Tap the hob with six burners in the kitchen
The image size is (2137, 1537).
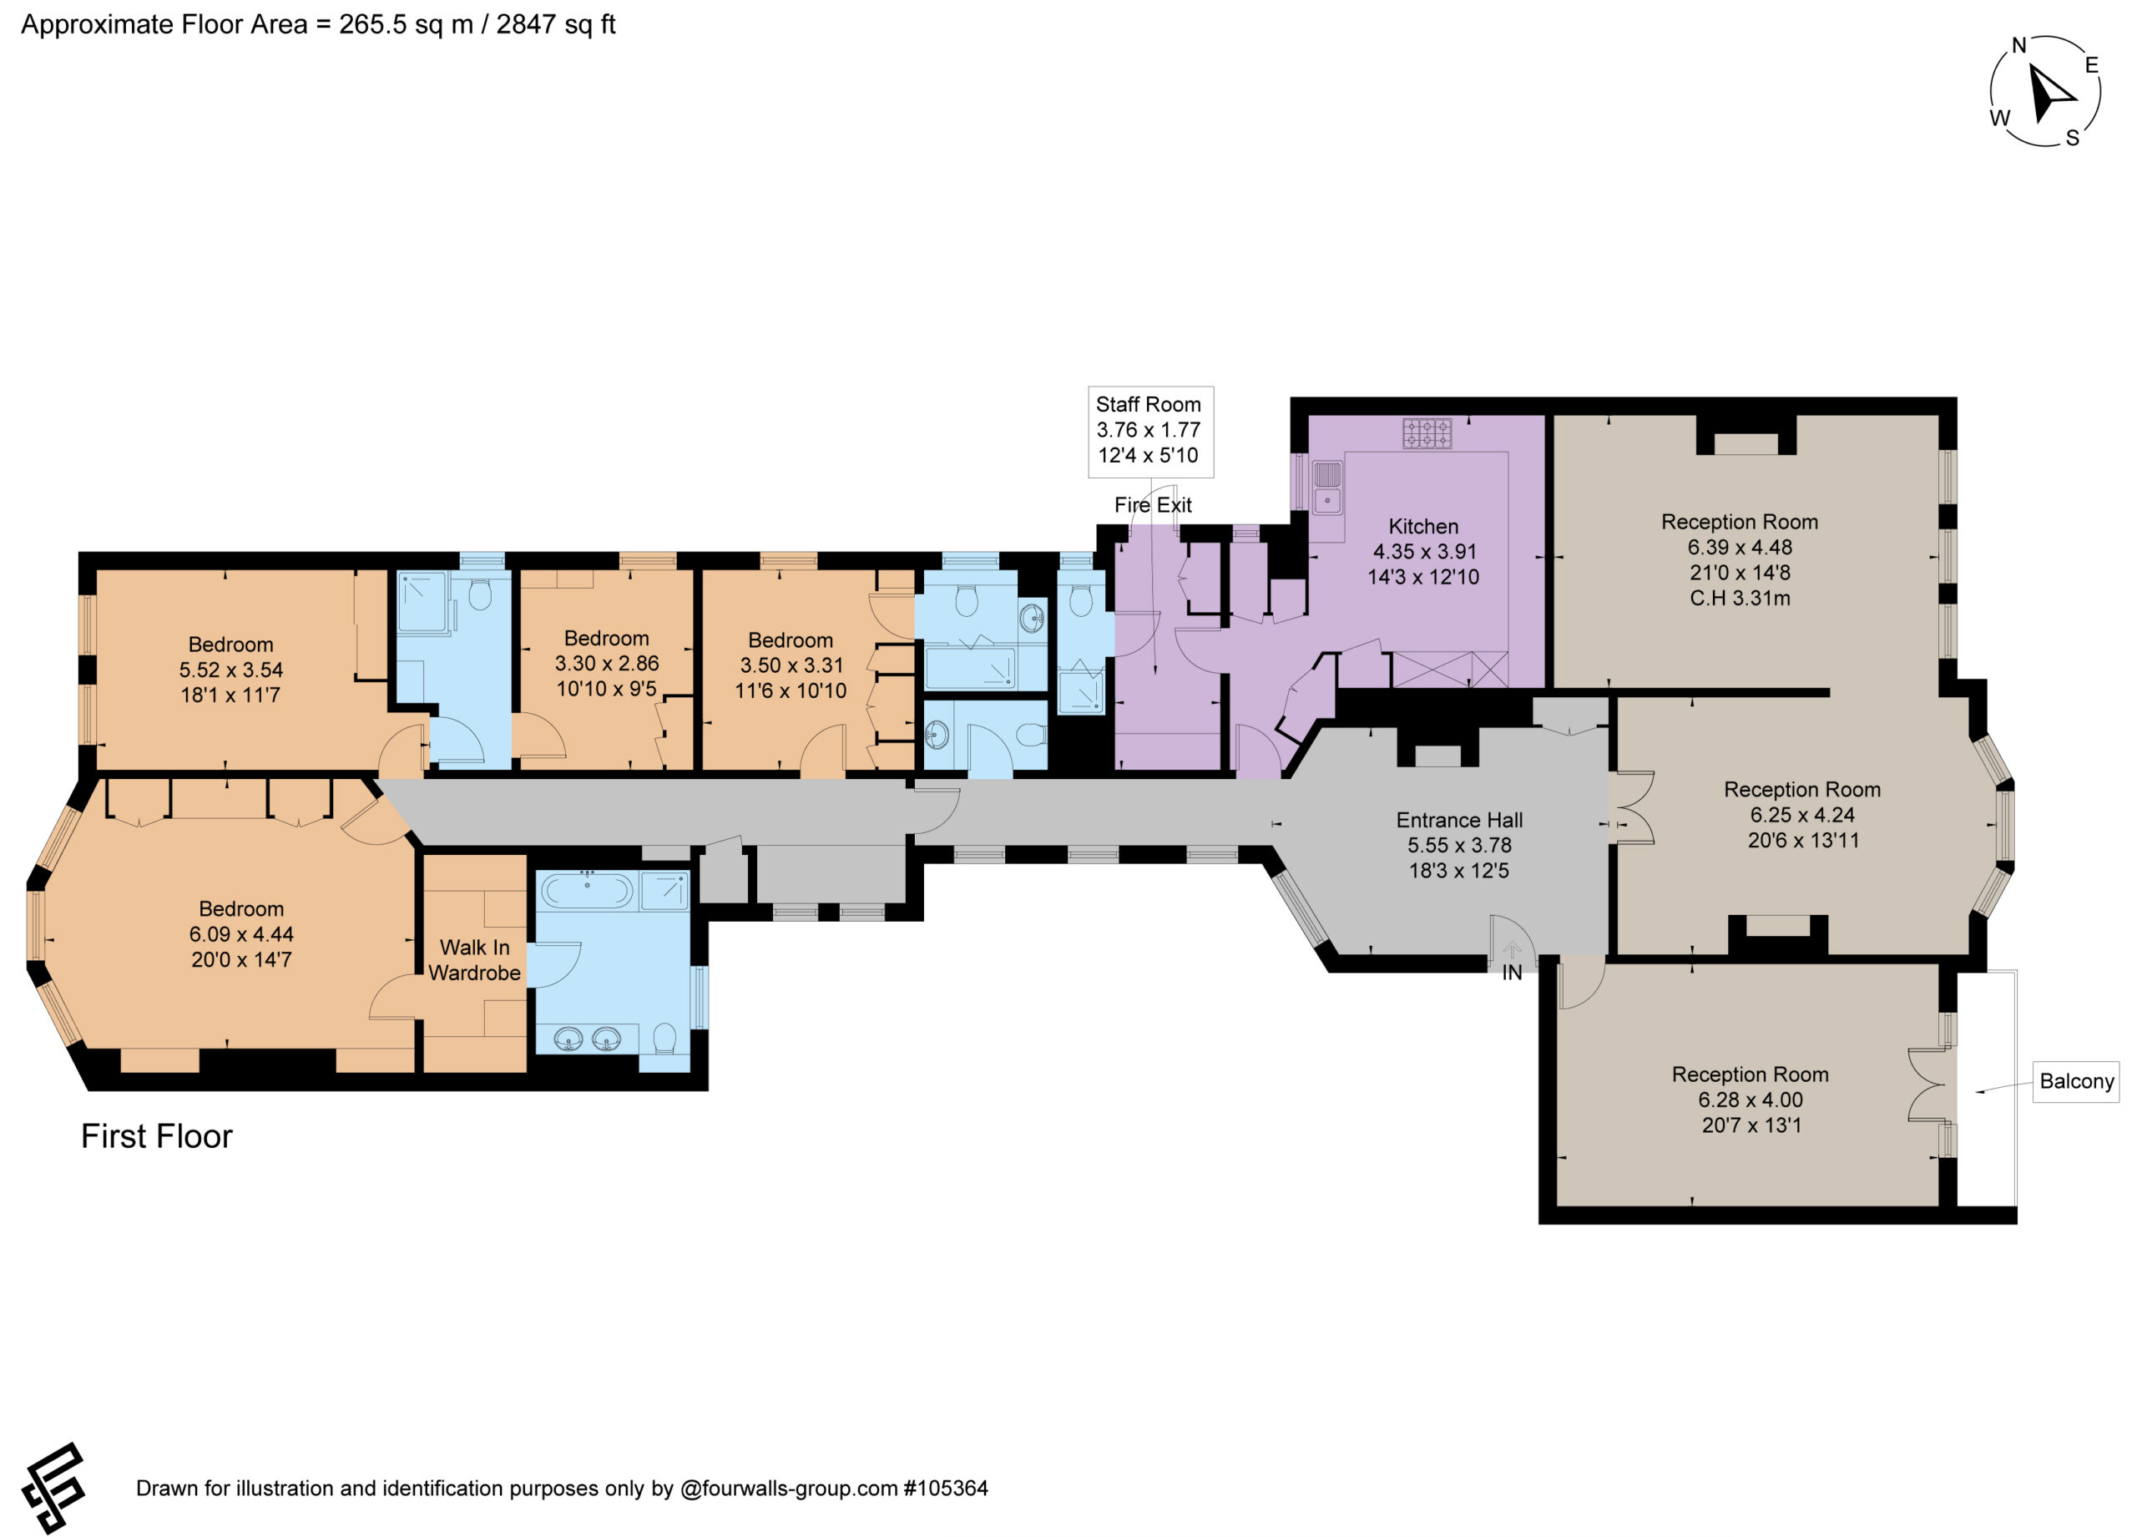click(x=1427, y=433)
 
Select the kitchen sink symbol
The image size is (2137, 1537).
click(x=1327, y=488)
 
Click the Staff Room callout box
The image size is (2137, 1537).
click(x=1150, y=431)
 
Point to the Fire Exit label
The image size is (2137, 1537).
click(x=1154, y=505)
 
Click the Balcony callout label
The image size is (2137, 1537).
click(x=2076, y=1081)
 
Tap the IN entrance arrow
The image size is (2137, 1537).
click(x=1512, y=950)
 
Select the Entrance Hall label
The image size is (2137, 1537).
click(x=1459, y=821)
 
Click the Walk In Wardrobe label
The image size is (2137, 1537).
click(x=475, y=960)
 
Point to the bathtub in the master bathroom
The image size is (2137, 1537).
click(x=586, y=891)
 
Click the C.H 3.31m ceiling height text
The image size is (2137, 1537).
click(x=1740, y=599)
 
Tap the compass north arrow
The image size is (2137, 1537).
click(x=2050, y=95)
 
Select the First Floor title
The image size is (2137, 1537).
click(x=156, y=1136)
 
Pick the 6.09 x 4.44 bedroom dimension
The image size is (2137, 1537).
click(x=241, y=935)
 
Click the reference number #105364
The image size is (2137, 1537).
click(x=946, y=1489)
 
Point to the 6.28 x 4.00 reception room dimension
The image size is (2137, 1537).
click(x=1751, y=1100)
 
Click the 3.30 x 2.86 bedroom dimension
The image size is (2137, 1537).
click(x=607, y=664)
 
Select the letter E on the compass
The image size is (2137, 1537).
click(x=2092, y=65)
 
